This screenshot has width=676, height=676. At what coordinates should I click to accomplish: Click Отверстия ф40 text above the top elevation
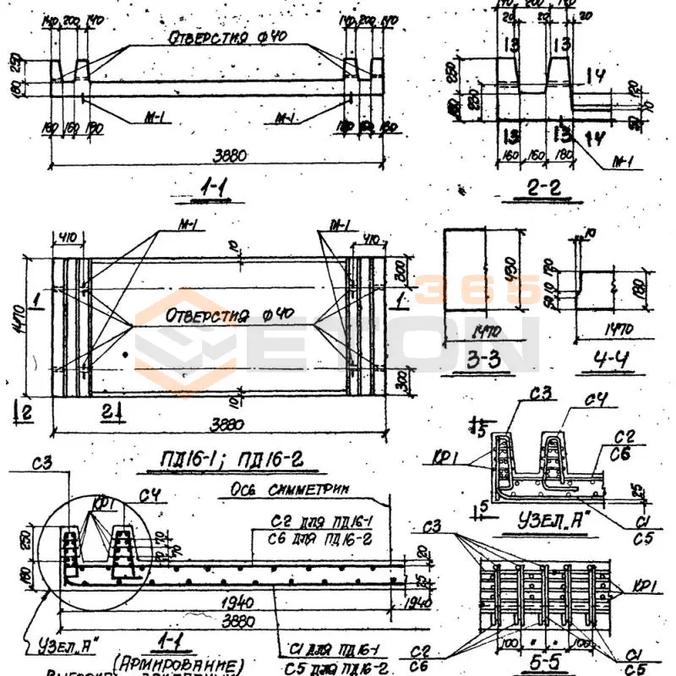[x=219, y=37]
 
